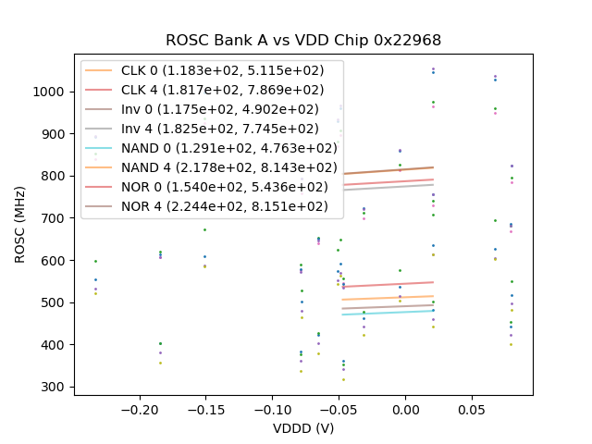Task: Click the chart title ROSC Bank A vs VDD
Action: [303, 41]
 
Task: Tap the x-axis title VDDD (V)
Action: [303, 428]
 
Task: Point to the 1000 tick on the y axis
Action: [51, 92]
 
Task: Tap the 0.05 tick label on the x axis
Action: [472, 409]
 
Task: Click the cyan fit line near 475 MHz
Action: [388, 313]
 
